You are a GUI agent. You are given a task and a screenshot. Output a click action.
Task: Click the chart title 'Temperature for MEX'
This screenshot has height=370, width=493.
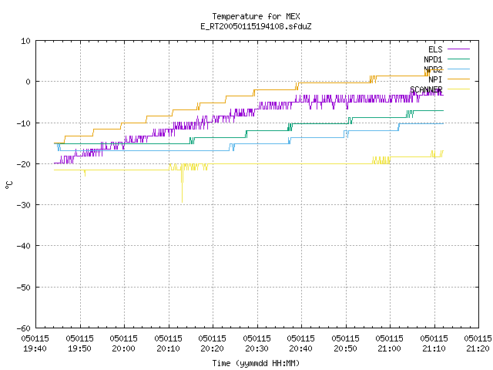[x=256, y=16]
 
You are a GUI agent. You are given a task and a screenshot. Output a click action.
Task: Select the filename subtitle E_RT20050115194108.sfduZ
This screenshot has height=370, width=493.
[x=256, y=26]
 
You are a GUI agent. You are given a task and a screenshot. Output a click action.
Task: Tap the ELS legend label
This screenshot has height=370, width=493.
[x=435, y=49]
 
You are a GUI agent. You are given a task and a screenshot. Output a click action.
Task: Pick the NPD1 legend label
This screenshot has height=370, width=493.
[x=433, y=59]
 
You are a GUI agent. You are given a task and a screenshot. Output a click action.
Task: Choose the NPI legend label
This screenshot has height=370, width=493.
[x=435, y=79]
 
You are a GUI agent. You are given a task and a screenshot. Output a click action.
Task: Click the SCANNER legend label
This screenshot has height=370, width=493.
[x=426, y=89]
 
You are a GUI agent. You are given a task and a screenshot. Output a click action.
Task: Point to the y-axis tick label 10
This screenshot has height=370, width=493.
[x=25, y=41]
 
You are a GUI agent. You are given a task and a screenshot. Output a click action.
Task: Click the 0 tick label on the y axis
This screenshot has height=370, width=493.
[x=28, y=82]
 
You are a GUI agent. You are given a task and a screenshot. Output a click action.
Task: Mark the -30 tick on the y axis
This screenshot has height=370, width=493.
[x=23, y=205]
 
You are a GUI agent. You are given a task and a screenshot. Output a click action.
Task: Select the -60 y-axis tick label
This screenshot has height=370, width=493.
[x=23, y=328]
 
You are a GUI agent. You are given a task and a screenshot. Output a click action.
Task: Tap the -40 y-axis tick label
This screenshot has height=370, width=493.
[x=23, y=246]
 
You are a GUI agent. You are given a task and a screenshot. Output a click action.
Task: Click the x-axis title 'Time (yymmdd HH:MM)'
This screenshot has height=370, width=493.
[x=256, y=363]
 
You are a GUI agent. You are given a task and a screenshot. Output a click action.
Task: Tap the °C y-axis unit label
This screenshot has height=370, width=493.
[x=9, y=185]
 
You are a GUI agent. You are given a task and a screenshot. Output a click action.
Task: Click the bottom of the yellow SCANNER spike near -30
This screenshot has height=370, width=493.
[x=182, y=202]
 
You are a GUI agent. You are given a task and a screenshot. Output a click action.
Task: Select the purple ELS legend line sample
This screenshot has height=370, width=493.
[x=458, y=49]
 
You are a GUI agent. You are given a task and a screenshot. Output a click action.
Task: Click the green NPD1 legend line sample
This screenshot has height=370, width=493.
[x=458, y=59]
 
